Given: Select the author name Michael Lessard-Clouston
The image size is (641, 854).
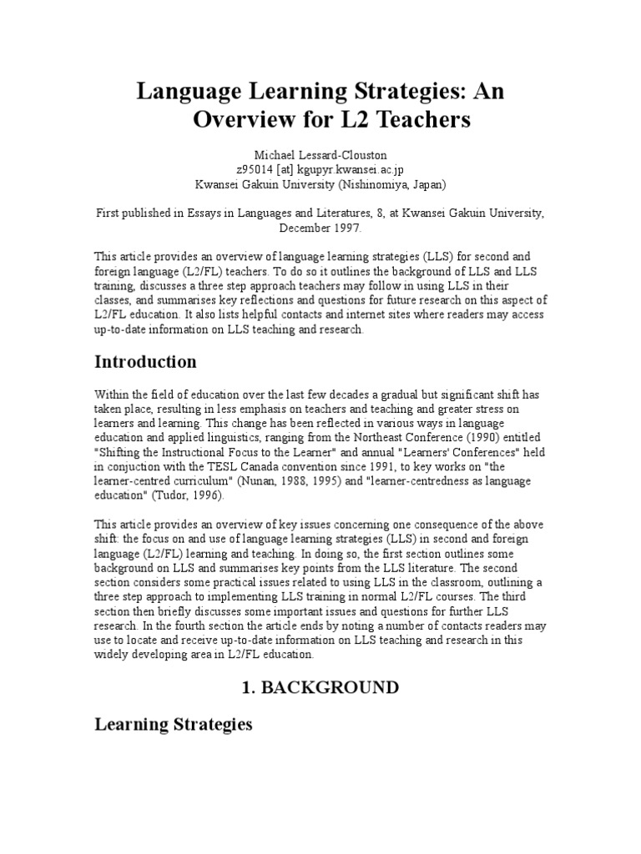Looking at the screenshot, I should pos(320,155).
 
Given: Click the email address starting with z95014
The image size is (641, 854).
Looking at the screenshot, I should pos(320,170).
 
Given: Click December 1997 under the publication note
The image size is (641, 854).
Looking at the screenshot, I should pos(320,226).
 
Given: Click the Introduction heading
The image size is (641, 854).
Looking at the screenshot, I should pos(145,362).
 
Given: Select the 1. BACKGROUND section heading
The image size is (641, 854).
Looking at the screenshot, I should pos(320,687).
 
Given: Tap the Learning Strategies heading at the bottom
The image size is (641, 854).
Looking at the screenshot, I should pos(173,724).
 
